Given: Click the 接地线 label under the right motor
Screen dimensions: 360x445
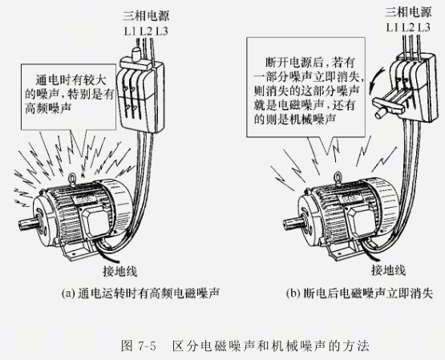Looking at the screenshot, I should [x=389, y=269].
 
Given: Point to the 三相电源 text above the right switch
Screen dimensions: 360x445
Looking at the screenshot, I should [x=409, y=12].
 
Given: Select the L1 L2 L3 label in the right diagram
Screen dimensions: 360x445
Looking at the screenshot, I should [x=409, y=27].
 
